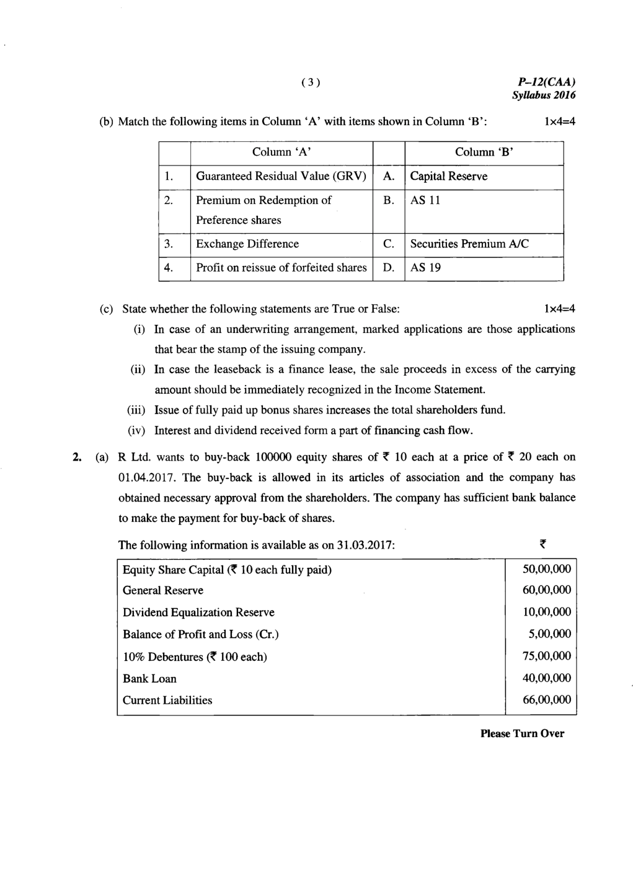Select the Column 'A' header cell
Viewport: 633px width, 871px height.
coord(281,153)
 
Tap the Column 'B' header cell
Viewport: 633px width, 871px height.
coord(484,153)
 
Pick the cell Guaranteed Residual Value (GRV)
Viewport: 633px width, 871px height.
coord(281,177)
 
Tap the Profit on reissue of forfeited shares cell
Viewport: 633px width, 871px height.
coord(281,268)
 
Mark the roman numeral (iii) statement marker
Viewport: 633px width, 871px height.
coord(136,410)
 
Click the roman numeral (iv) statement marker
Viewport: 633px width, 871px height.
coord(136,430)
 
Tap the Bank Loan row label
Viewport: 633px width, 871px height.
coord(149,679)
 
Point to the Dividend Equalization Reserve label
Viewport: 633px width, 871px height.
coord(198,612)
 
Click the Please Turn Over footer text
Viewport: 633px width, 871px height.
coord(522,734)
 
